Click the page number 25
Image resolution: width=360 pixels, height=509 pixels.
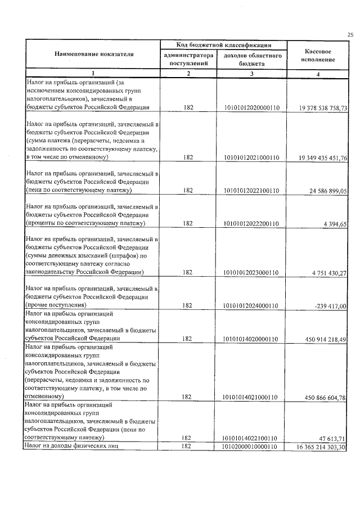click(x=350, y=35)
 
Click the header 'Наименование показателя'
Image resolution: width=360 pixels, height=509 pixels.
click(x=94, y=55)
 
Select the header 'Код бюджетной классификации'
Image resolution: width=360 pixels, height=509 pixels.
click(x=223, y=44)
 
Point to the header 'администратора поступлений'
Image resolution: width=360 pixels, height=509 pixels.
click(x=188, y=60)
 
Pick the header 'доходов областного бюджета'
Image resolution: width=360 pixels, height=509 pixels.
click(x=252, y=60)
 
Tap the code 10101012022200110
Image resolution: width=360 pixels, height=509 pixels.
click(x=251, y=224)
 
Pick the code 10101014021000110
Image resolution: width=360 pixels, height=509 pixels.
click(x=251, y=397)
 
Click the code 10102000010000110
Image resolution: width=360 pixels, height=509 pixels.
click(x=251, y=447)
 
